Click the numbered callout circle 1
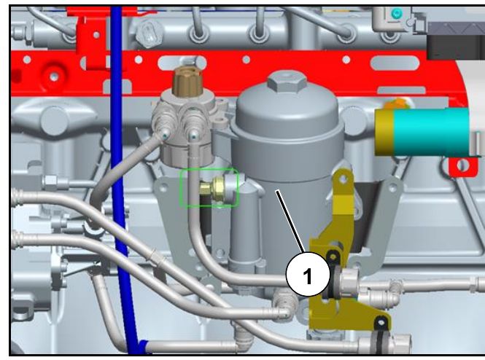pos(308,274)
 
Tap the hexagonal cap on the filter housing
pos(287,81)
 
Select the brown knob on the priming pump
pos(187,82)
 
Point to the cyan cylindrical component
pos(431,132)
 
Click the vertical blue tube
pos(122,179)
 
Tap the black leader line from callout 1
pos(291,222)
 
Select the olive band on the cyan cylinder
pos(384,132)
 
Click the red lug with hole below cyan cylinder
pos(462,165)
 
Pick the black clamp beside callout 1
pos(332,275)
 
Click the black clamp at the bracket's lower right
pos(381,334)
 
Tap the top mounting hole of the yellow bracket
pos(343,179)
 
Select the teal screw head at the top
pos(395,13)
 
